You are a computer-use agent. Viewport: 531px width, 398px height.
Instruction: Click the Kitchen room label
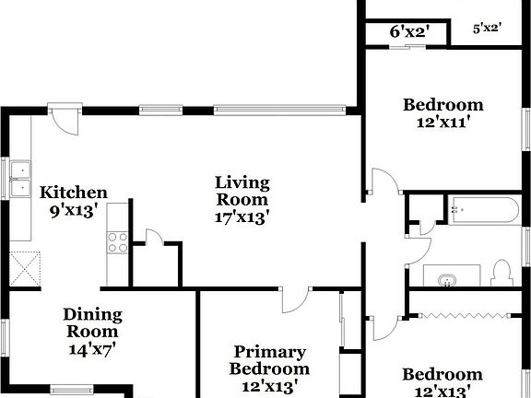click(73, 193)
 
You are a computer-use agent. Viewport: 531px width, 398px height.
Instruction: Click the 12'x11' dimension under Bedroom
click(442, 123)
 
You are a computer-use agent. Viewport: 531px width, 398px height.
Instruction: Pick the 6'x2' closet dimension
click(406, 32)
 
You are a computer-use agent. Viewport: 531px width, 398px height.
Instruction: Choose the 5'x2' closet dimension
click(486, 29)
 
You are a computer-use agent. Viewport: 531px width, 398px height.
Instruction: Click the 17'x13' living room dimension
click(242, 217)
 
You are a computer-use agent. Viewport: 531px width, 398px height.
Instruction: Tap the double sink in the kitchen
click(19, 181)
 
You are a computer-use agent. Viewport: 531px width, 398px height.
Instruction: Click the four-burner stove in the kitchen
click(118, 242)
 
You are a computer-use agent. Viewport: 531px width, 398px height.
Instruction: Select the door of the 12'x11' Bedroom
click(382, 182)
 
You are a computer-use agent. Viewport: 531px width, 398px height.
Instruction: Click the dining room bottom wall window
click(70, 388)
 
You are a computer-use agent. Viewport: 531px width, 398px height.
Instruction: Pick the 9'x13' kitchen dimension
click(73, 210)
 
